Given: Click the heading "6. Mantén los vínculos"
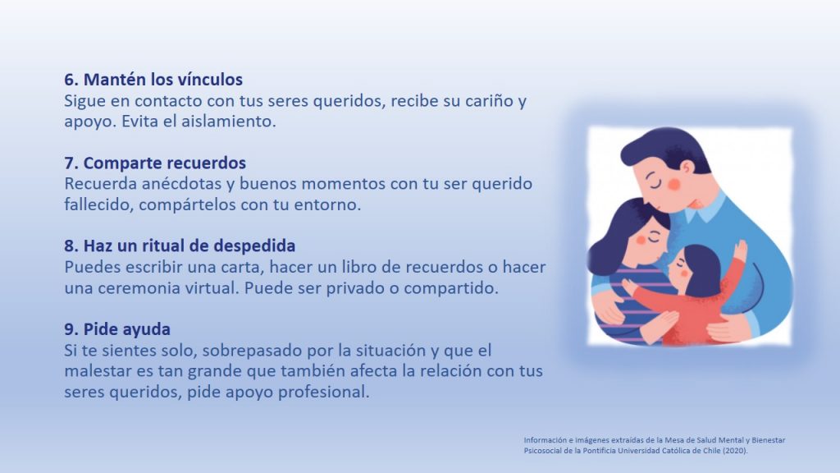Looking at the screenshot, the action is click(153, 80).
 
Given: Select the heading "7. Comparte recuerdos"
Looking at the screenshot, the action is click(155, 163).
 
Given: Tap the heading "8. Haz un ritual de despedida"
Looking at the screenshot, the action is click(180, 246).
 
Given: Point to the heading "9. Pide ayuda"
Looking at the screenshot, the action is click(117, 328).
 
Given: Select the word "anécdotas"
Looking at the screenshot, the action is click(181, 183).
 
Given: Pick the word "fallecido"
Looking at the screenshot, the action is click(98, 204).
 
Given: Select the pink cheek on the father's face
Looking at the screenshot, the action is click(674, 185).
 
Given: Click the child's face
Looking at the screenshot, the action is click(678, 269).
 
